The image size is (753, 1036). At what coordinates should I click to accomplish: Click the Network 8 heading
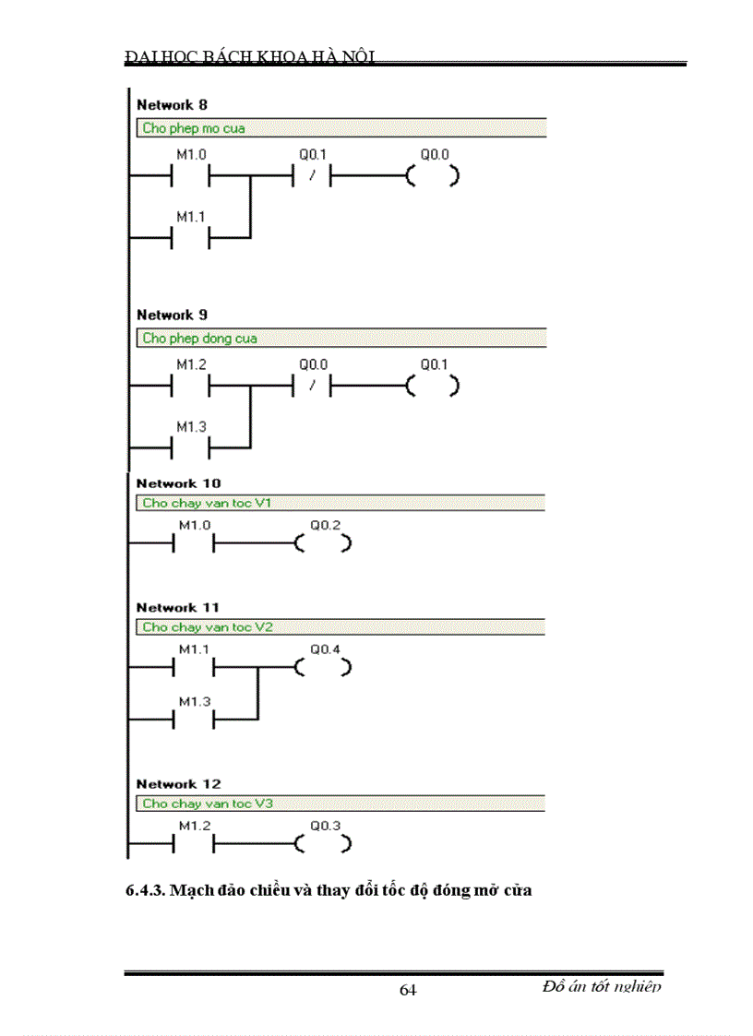point(172,105)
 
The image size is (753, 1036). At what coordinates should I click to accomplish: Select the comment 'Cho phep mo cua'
point(194,128)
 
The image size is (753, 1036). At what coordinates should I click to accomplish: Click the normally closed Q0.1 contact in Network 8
point(313,176)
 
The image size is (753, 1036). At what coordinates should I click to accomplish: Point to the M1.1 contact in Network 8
point(191,239)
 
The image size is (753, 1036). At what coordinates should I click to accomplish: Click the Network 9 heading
point(172,315)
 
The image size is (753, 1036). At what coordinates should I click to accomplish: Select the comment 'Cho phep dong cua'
point(199,338)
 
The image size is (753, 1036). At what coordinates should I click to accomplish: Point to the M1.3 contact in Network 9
point(191,448)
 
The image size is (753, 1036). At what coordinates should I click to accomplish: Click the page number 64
point(408,990)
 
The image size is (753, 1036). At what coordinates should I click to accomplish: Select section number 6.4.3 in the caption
point(145,892)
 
